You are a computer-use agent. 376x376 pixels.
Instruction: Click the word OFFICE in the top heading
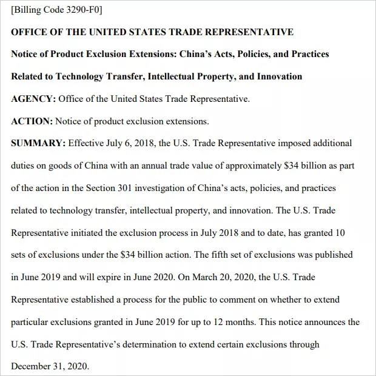coord(29,32)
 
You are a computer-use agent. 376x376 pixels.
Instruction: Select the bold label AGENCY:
coord(33,99)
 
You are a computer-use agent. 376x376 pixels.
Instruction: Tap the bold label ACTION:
coord(32,121)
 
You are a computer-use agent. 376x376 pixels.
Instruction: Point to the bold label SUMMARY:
coord(38,143)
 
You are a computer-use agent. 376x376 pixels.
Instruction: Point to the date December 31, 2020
coord(50,366)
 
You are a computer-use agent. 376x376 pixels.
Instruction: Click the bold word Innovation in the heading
coord(280,76)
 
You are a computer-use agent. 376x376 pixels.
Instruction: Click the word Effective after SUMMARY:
coord(88,143)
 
